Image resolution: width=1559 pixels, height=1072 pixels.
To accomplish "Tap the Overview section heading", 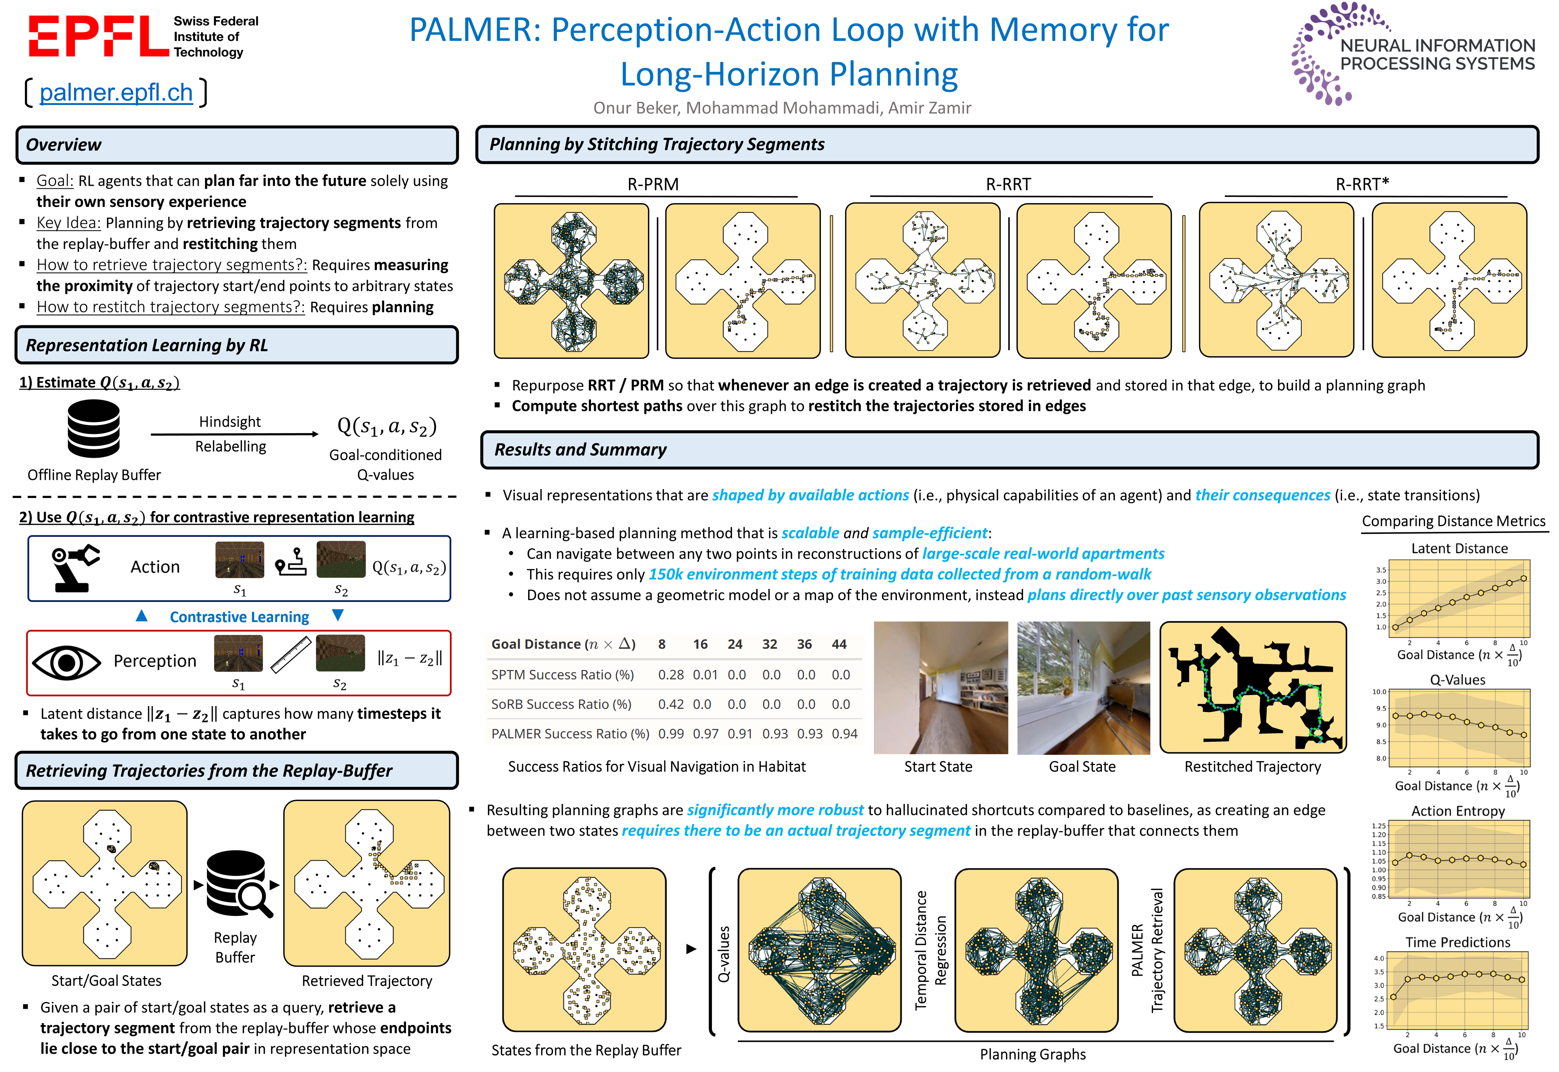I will click(x=64, y=145).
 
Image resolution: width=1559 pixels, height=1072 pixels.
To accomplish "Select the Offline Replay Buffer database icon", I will click(x=93, y=428).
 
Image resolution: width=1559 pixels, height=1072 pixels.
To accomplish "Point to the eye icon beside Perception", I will click(x=67, y=662).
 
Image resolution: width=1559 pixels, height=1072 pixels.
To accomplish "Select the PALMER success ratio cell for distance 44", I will click(x=844, y=734).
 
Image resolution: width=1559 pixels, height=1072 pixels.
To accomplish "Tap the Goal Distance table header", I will click(x=563, y=644).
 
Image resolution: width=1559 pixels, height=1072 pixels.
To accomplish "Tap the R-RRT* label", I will click(x=1362, y=184).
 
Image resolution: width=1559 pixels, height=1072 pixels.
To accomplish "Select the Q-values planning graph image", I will click(x=819, y=950).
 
